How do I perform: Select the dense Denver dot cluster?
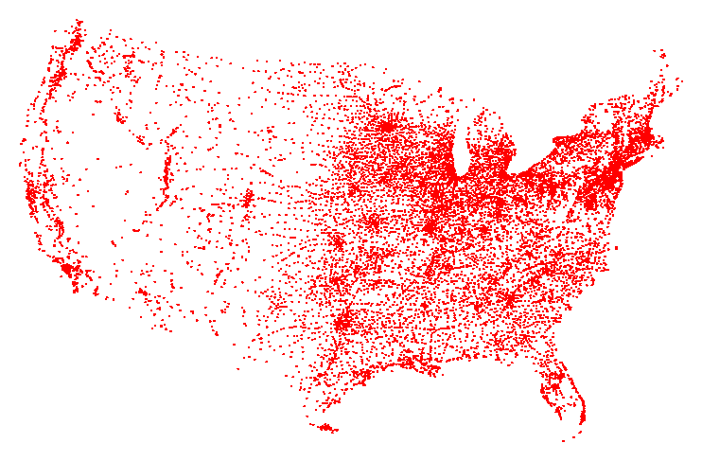249,198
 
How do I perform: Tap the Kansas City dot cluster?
373,224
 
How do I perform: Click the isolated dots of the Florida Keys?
565,440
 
